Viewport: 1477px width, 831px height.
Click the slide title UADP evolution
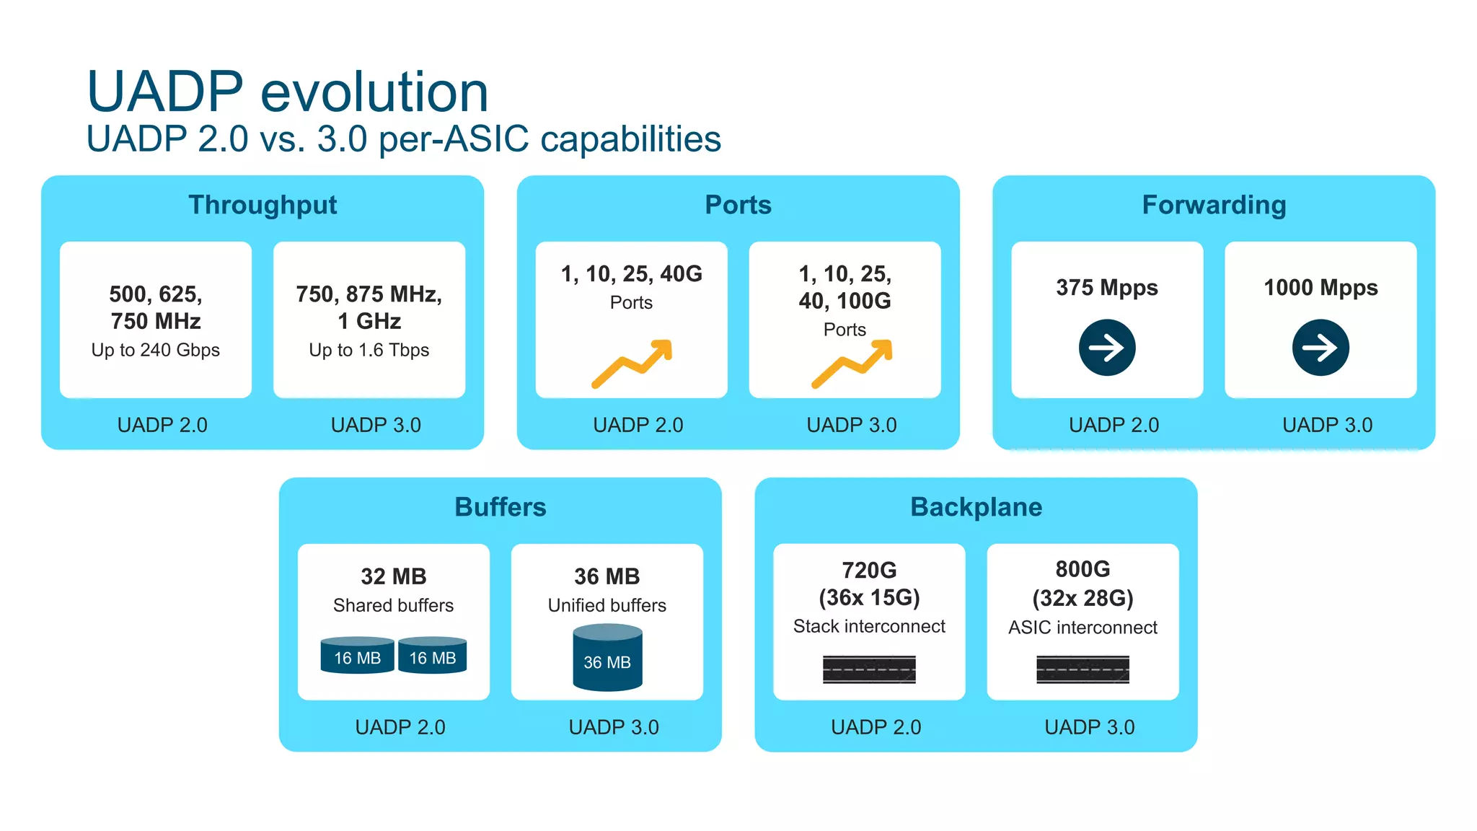[287, 92]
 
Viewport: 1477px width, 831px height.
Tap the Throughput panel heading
[263, 205]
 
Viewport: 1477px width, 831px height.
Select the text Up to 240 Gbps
[156, 350]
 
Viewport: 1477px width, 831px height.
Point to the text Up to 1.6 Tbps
[369, 350]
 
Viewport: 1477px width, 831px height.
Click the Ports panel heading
[738, 205]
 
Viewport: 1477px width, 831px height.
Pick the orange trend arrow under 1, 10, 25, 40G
[632, 364]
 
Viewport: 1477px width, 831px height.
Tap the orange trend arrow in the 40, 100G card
[852, 364]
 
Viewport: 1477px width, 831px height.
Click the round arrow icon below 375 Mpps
[1107, 348]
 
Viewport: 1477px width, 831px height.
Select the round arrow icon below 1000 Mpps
[1320, 348]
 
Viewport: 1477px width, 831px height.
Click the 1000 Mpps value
[1320, 287]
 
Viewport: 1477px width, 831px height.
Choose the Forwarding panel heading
[1214, 205]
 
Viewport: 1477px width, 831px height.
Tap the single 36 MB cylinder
[607, 658]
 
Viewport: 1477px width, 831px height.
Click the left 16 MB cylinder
[357, 655]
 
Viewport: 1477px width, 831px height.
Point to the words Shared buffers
[393, 605]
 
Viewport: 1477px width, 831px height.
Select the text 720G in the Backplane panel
[869, 570]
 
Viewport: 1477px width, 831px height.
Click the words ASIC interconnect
[1083, 628]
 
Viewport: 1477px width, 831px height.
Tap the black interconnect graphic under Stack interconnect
[869, 669]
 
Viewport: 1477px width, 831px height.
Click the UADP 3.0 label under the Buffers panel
[614, 727]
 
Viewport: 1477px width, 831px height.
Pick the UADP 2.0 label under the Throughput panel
[162, 425]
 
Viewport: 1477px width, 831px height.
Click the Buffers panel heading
[500, 507]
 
